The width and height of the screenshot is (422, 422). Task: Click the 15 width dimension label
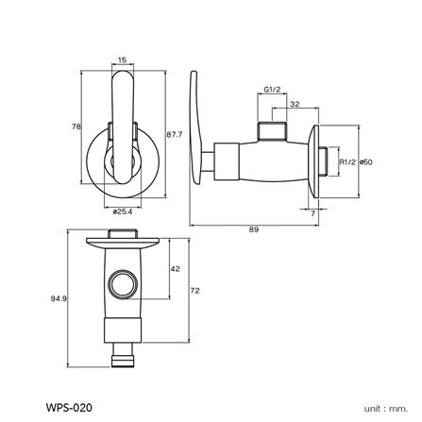[122, 59]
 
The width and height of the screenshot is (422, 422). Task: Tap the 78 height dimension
[76, 127]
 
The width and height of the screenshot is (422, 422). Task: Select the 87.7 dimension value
[175, 134]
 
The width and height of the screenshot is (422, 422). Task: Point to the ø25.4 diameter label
[123, 211]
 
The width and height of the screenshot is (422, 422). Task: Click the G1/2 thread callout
[272, 90]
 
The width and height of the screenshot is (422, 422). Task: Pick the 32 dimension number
[295, 104]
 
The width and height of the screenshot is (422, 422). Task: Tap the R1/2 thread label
[347, 162]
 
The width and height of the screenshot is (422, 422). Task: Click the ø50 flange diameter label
[366, 162]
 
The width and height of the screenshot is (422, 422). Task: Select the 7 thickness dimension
[312, 213]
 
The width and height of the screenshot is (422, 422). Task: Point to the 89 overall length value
[254, 229]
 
